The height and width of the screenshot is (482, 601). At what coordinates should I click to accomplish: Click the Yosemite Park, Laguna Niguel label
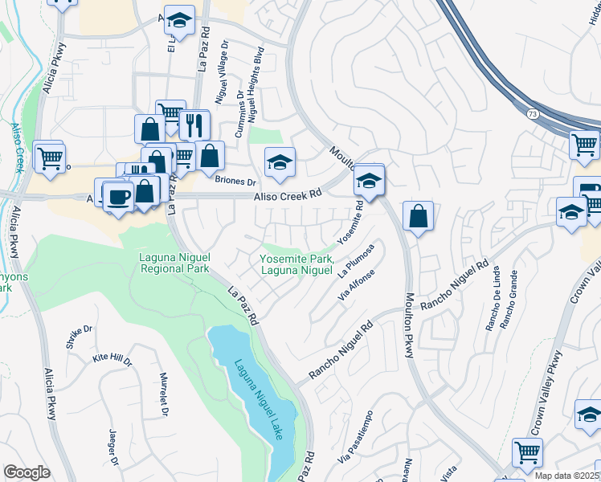pos(296,264)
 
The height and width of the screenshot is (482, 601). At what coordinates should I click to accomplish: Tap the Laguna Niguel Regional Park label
pos(174,263)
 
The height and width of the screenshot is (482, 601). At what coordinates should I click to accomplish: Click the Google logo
pos(27,472)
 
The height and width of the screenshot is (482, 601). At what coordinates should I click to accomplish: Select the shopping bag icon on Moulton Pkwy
pos(418,217)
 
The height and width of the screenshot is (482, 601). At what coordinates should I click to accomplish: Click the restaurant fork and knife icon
pos(193,125)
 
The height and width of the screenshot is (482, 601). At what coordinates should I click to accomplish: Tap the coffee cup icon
pos(119,196)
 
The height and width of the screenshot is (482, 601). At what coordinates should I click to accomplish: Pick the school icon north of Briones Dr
pos(280,163)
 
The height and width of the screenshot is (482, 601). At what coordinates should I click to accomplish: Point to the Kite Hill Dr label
pos(112,360)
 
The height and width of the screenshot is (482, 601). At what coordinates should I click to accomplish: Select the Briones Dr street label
pos(235,181)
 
